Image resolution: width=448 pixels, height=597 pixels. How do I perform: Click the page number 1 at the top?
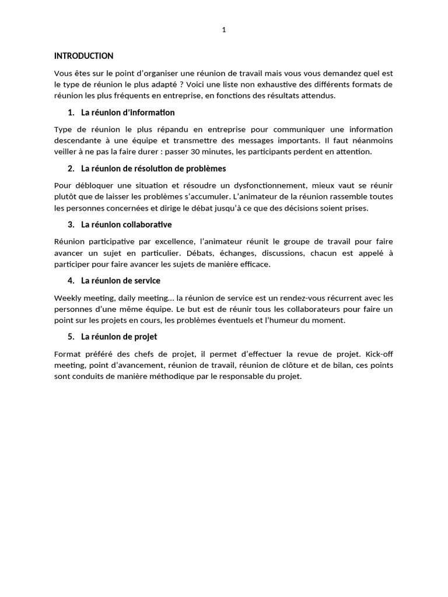[224, 31]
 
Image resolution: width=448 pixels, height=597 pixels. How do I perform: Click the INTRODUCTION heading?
[83, 57]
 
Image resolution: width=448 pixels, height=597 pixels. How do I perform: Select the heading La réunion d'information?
[128, 113]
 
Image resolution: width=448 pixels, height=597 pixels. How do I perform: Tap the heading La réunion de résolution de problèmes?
[153, 168]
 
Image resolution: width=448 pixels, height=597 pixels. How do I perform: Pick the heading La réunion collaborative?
[127, 224]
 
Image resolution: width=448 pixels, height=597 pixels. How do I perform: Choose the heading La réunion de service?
[121, 280]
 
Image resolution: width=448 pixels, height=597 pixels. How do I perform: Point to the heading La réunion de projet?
[119, 336]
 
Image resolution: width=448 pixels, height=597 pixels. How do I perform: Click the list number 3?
[71, 224]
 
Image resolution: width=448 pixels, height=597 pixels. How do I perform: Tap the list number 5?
[71, 336]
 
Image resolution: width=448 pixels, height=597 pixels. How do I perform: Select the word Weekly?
[66, 297]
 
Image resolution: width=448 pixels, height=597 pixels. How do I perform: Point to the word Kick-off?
[379, 353]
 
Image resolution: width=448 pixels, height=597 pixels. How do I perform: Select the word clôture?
[324, 365]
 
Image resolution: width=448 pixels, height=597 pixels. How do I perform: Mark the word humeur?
[285, 320]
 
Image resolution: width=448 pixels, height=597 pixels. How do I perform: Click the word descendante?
[77, 141]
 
